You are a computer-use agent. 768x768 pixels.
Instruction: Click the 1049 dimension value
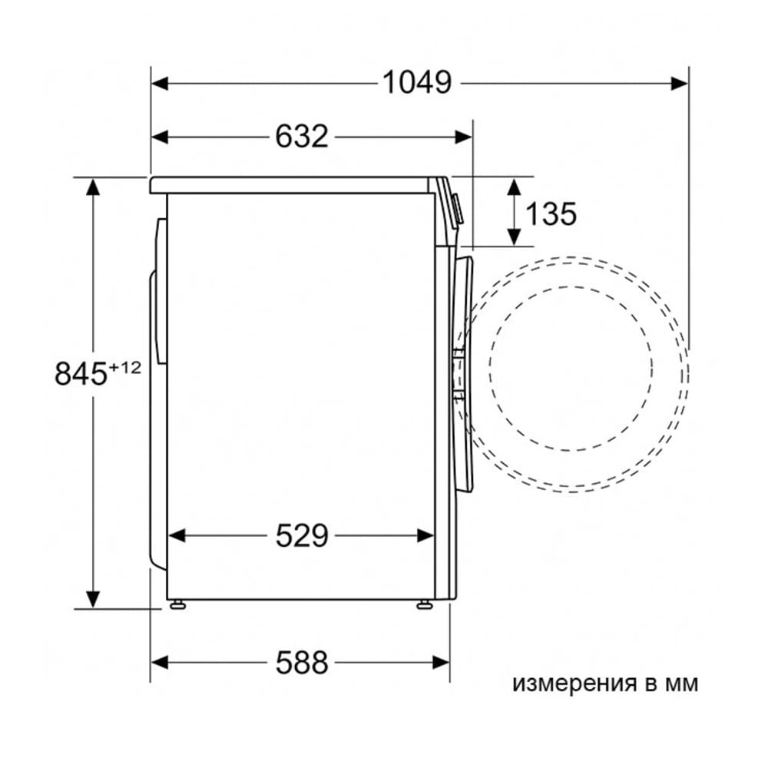(x=417, y=82)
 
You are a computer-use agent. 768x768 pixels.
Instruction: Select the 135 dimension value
(x=551, y=214)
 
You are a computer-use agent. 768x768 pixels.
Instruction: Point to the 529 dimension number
(x=301, y=535)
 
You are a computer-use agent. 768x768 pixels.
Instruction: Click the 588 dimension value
(x=301, y=663)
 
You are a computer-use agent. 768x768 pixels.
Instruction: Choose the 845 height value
(x=81, y=374)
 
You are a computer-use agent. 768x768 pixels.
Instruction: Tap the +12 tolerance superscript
(x=124, y=367)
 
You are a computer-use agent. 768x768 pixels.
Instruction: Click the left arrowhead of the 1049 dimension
(x=160, y=83)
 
